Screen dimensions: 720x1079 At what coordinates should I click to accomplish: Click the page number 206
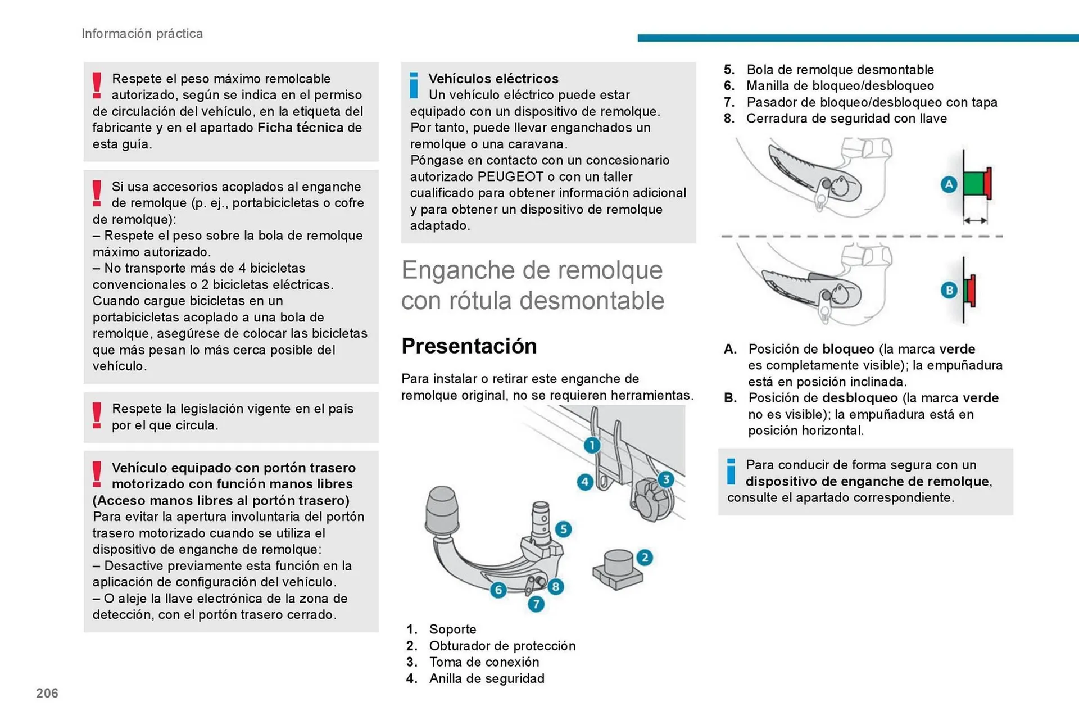tap(47, 693)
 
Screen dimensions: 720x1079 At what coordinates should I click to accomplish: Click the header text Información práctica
tap(142, 34)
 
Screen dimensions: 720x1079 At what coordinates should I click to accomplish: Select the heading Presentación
tap(469, 346)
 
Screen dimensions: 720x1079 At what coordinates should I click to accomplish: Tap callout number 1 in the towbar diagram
tap(592, 446)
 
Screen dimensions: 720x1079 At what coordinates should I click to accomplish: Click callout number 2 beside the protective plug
tap(645, 558)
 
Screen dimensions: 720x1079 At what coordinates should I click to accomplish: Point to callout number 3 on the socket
tap(666, 479)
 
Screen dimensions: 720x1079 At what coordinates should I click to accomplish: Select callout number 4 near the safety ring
tap(585, 482)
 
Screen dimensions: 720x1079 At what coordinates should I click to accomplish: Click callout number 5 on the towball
tap(563, 529)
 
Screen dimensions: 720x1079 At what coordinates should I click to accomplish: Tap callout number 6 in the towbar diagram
tap(498, 590)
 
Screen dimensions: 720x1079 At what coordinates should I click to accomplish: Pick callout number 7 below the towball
tap(536, 604)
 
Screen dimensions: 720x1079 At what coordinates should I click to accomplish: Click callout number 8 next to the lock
tap(555, 587)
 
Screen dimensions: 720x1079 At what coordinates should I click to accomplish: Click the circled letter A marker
tap(949, 184)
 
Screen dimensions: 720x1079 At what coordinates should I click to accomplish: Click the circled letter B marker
tap(949, 290)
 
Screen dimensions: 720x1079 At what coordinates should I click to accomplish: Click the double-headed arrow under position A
tap(976, 221)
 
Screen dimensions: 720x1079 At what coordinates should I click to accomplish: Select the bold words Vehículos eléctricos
tap(493, 79)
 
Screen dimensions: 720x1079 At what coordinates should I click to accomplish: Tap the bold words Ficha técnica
tap(301, 128)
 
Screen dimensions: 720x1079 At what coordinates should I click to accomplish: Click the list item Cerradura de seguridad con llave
tap(846, 119)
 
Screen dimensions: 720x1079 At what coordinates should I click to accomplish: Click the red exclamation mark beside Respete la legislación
tap(97, 416)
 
